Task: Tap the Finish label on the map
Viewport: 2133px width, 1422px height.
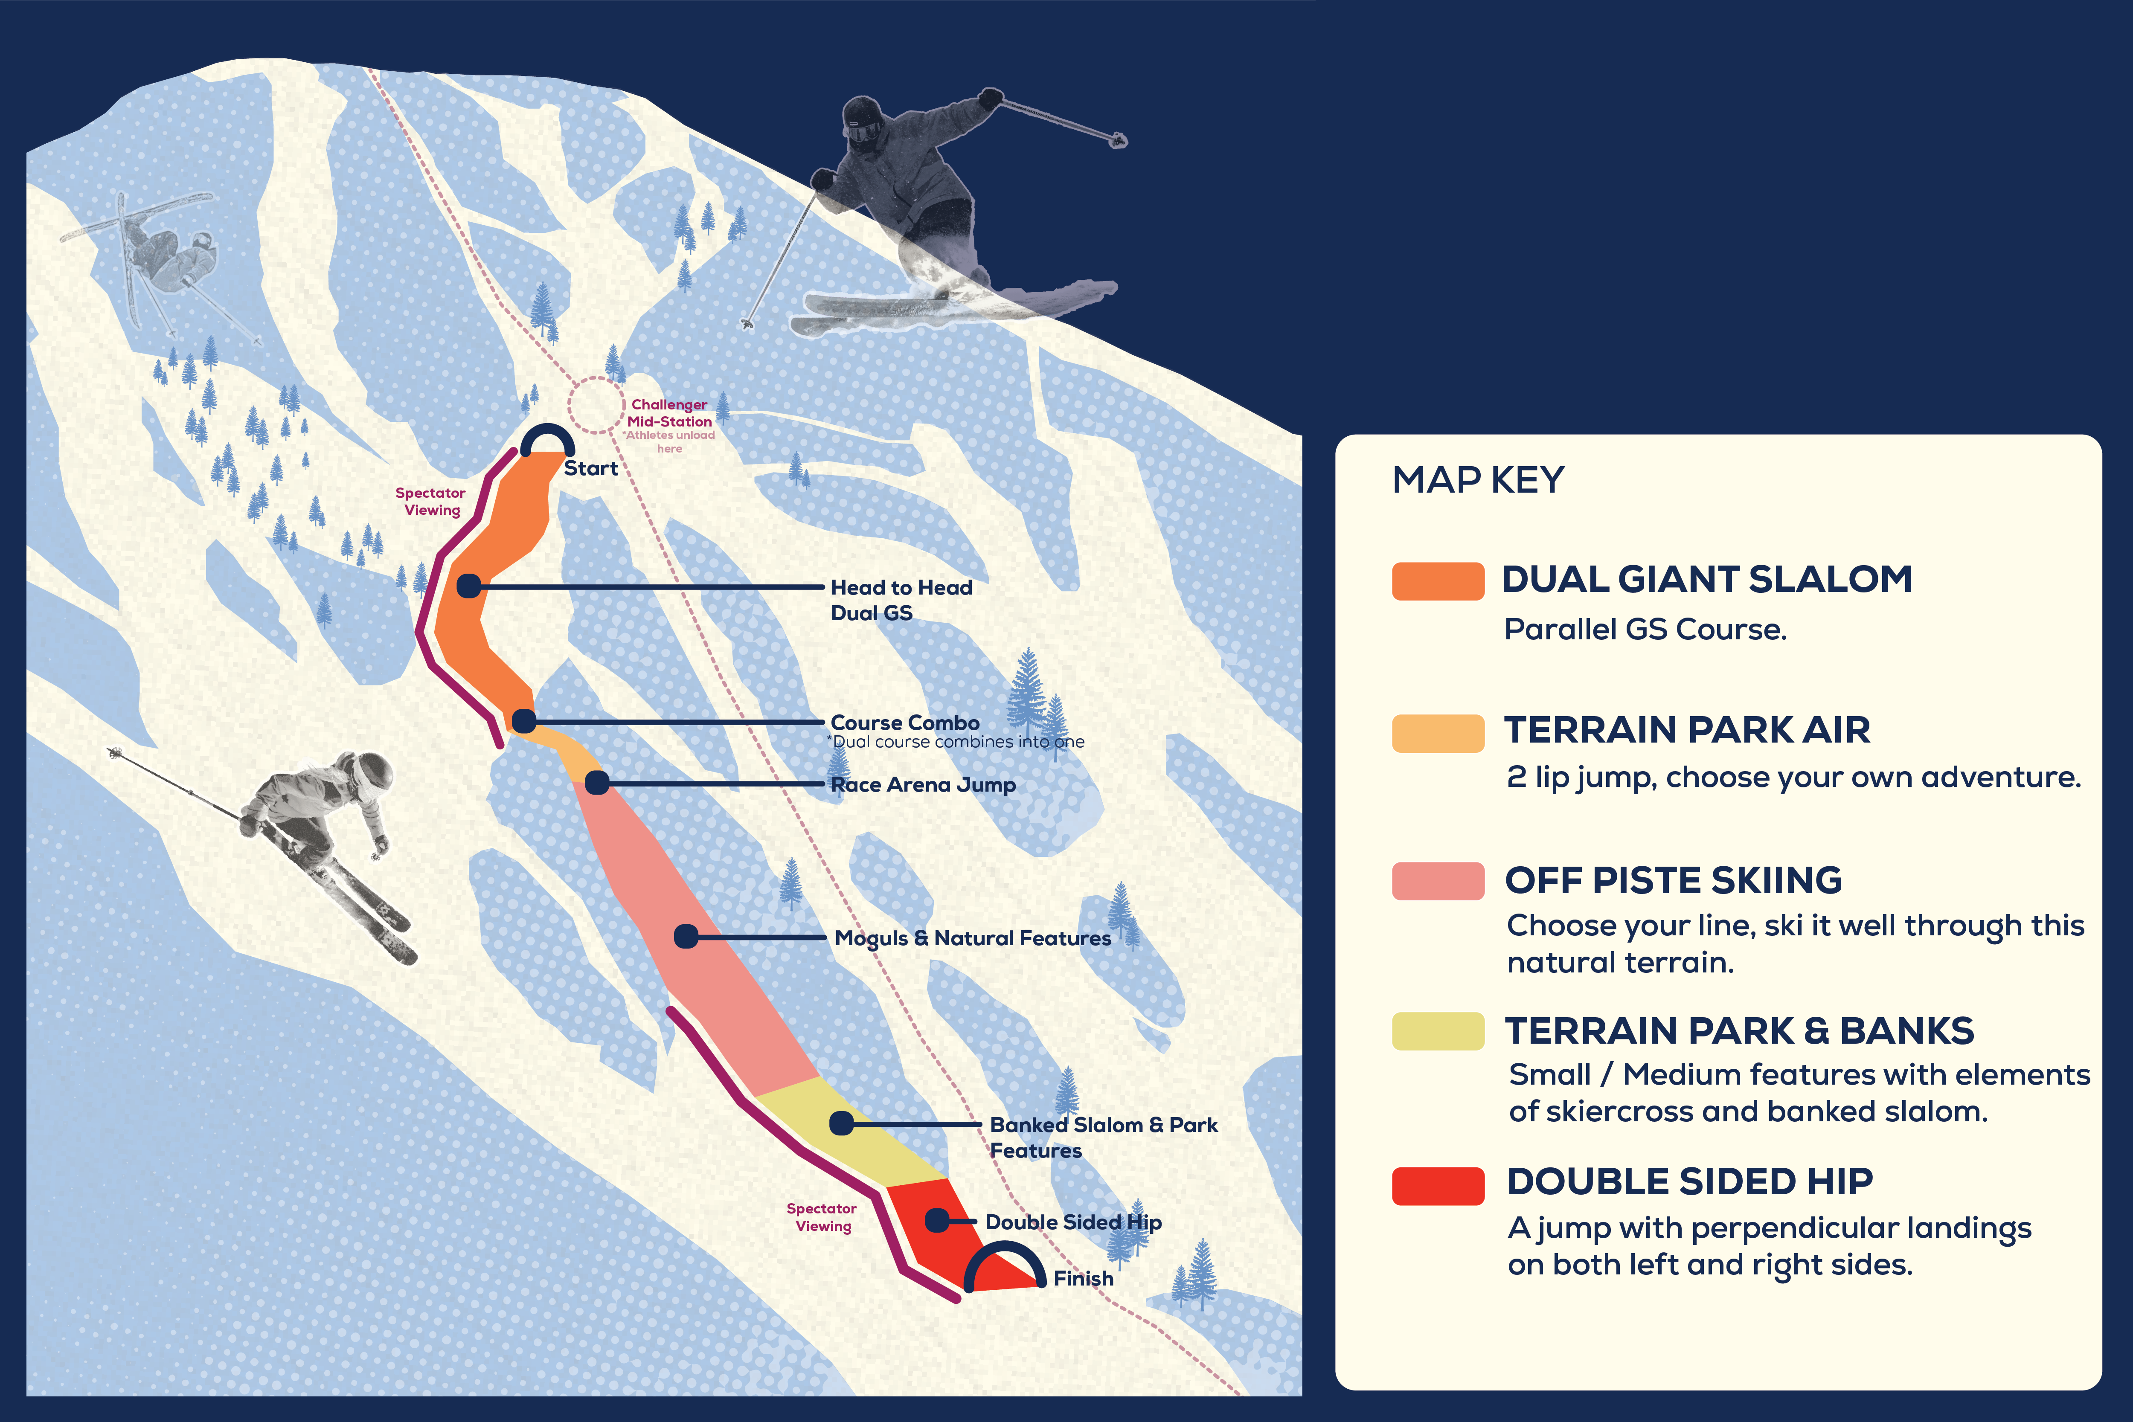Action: click(1083, 1279)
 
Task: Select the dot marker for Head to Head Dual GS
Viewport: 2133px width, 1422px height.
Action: click(469, 586)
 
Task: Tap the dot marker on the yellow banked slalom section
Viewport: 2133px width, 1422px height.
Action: click(842, 1123)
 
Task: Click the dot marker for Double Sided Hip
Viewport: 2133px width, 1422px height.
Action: click(937, 1221)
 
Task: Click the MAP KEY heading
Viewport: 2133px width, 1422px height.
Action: click(1478, 480)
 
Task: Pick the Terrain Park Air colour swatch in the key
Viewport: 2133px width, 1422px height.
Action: click(1437, 733)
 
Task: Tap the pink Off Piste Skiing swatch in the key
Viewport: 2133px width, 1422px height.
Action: click(1437, 881)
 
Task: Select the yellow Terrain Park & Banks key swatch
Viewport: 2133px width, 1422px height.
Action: click(1437, 1031)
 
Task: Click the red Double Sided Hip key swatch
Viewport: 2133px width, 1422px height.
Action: click(1437, 1185)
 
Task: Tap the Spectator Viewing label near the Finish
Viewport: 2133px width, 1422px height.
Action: click(822, 1217)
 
